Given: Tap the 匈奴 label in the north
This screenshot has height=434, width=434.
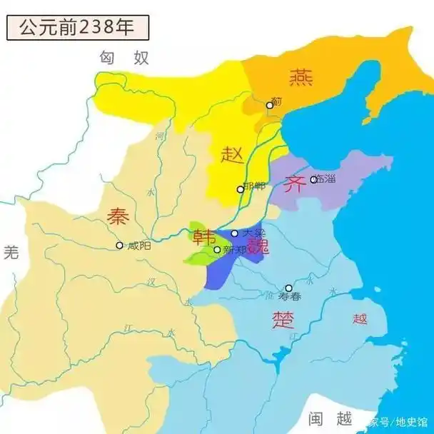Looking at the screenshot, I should coord(124,58).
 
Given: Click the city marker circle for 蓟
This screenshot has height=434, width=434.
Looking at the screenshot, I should coord(270,106).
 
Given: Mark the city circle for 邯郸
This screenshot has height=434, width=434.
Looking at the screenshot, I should coord(241,189).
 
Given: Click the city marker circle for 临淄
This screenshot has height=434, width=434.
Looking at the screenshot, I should coord(313,179).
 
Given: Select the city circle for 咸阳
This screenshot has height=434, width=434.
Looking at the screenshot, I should coord(119,246).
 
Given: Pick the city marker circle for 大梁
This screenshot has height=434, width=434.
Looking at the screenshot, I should coord(234,233).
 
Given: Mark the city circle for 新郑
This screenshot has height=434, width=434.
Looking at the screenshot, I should coord(217,250).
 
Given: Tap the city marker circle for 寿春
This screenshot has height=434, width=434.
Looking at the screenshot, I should coord(288,288).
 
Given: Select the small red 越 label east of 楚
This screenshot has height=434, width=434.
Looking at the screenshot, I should coord(359,319).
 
